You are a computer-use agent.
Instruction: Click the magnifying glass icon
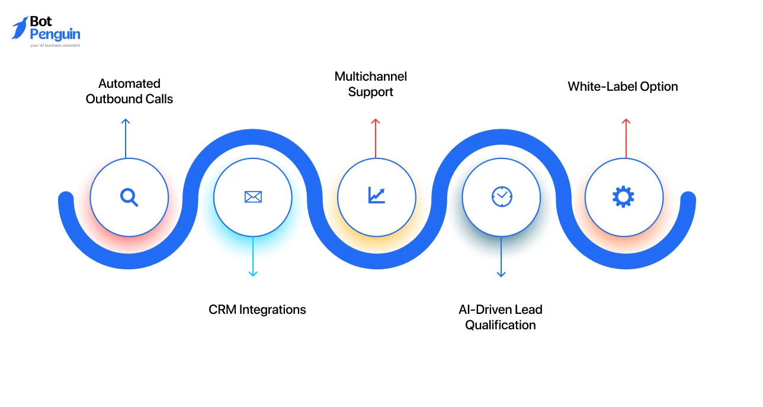click(x=129, y=196)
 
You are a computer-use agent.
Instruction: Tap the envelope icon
click(x=253, y=197)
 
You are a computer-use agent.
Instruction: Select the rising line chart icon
click(x=376, y=195)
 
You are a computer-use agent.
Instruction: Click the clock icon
click(x=502, y=196)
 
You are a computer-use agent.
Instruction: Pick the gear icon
click(x=623, y=196)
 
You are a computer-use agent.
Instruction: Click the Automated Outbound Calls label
click(x=129, y=91)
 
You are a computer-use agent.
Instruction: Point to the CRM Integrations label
click(x=257, y=309)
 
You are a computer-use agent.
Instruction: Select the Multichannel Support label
click(x=371, y=84)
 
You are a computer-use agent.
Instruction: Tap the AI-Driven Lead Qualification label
click(x=501, y=317)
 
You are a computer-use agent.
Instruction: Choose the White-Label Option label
click(x=623, y=87)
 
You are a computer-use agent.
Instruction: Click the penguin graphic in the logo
click(x=20, y=28)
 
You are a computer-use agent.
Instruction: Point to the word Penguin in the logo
click(x=54, y=34)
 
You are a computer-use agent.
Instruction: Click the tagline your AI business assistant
click(x=55, y=45)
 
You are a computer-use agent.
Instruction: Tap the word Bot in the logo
click(x=41, y=22)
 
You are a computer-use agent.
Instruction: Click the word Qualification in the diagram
click(x=501, y=325)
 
